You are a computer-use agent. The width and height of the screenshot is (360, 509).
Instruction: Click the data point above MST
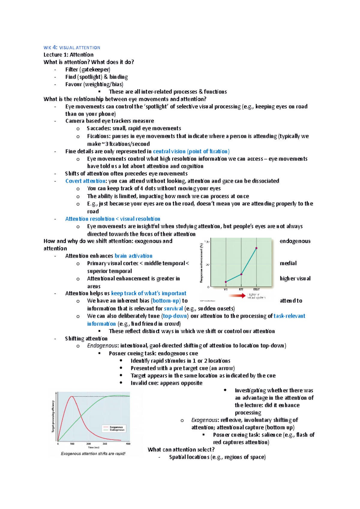pyautogui.click(x=256, y=248)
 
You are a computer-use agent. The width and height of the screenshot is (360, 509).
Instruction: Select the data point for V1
pyautogui.click(x=226, y=282)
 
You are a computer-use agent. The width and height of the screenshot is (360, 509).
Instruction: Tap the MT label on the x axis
pyautogui.click(x=241, y=290)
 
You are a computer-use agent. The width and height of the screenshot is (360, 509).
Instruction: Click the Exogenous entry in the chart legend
pyautogui.click(x=116, y=427)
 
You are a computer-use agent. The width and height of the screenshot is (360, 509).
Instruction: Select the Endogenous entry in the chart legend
pyautogui.click(x=117, y=430)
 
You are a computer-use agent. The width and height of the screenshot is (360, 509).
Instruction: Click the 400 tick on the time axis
pyautogui.click(x=128, y=444)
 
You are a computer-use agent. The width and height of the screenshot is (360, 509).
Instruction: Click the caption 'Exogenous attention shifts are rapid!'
pyautogui.click(x=93, y=454)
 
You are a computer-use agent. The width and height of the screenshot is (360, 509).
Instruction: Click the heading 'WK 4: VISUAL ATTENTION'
pyautogui.click(x=72, y=47)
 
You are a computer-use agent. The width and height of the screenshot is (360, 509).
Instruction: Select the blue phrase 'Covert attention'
pyautogui.click(x=85, y=181)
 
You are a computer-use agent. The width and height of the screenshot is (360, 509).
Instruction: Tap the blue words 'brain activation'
pyautogui.click(x=133, y=256)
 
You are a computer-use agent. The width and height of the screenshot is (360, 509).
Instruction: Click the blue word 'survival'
pyautogui.click(x=173, y=308)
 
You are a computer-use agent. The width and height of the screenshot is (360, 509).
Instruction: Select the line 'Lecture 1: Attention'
pyautogui.click(x=68, y=55)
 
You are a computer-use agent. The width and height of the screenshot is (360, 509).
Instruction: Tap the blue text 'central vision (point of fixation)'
pyautogui.click(x=191, y=151)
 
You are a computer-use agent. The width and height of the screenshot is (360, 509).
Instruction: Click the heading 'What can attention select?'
pyautogui.click(x=181, y=450)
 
